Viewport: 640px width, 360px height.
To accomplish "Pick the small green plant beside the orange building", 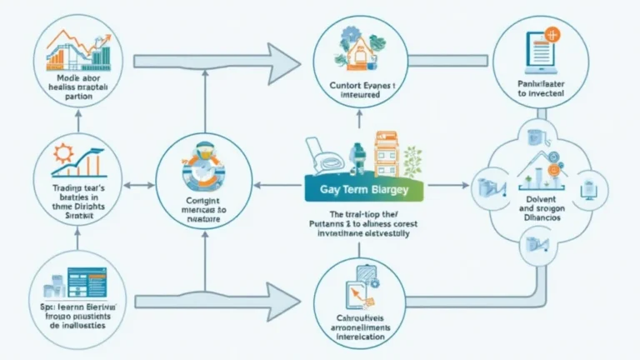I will pos(413,159).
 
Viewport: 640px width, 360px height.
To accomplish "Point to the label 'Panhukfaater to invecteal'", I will pos(539,88).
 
